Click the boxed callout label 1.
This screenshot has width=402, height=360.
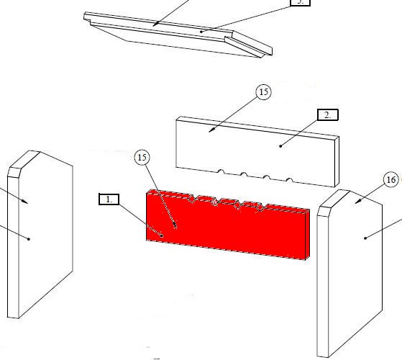pyautogui.click(x=109, y=199)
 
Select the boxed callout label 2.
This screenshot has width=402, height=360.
pyautogui.click(x=328, y=114)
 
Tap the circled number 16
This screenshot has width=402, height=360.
pyautogui.click(x=391, y=180)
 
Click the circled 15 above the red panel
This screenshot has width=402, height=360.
pyautogui.click(x=142, y=157)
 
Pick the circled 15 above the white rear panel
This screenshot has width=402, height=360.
pyautogui.click(x=263, y=92)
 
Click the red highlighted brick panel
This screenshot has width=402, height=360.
pyautogui.click(x=228, y=225)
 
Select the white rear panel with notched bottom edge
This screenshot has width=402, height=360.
pyautogui.click(x=257, y=151)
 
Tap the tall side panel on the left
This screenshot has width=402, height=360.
pyautogui.click(x=40, y=234)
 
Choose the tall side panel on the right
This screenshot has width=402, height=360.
pyautogui.click(x=350, y=274)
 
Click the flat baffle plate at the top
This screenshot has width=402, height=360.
pyautogui.click(x=178, y=35)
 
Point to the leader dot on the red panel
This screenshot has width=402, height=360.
pyautogui.click(x=162, y=235)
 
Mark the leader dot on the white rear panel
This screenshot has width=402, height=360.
pyautogui.click(x=280, y=146)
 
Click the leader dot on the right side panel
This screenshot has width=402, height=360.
pyautogui.click(x=365, y=238)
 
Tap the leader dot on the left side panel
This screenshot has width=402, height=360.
pyautogui.click(x=29, y=239)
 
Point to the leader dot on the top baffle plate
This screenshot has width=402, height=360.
pyautogui.click(x=201, y=32)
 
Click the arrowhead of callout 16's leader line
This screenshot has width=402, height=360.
pyautogui.click(x=358, y=202)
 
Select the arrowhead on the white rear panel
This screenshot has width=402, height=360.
pyautogui.click(x=211, y=130)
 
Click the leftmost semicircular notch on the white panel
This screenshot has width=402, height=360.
pyautogui.click(x=221, y=171)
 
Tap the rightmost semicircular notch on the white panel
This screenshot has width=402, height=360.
pyautogui.click(x=289, y=180)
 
